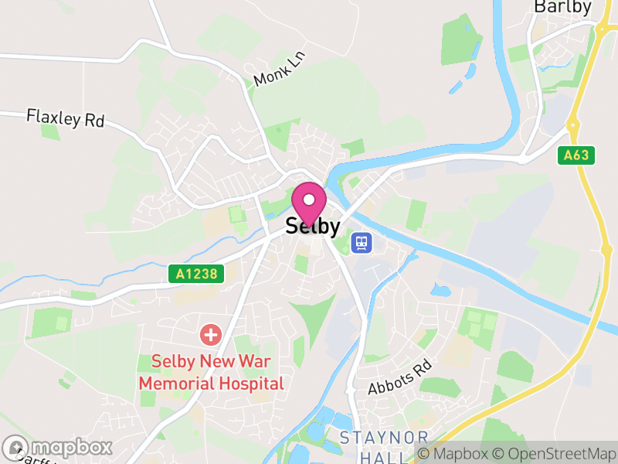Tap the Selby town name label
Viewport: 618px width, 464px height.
pos(313,226)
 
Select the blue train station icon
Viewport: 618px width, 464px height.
pos(361,243)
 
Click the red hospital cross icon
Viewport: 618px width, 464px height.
pos(209,335)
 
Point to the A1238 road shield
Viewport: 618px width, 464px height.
pos(196,274)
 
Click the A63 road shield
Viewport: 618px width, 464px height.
pos(576,155)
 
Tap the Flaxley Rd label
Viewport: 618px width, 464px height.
pos(65,118)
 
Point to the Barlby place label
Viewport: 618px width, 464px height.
pos(562,8)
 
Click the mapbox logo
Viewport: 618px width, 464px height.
pos(58,447)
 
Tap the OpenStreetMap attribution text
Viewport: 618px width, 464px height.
pos(556,453)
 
